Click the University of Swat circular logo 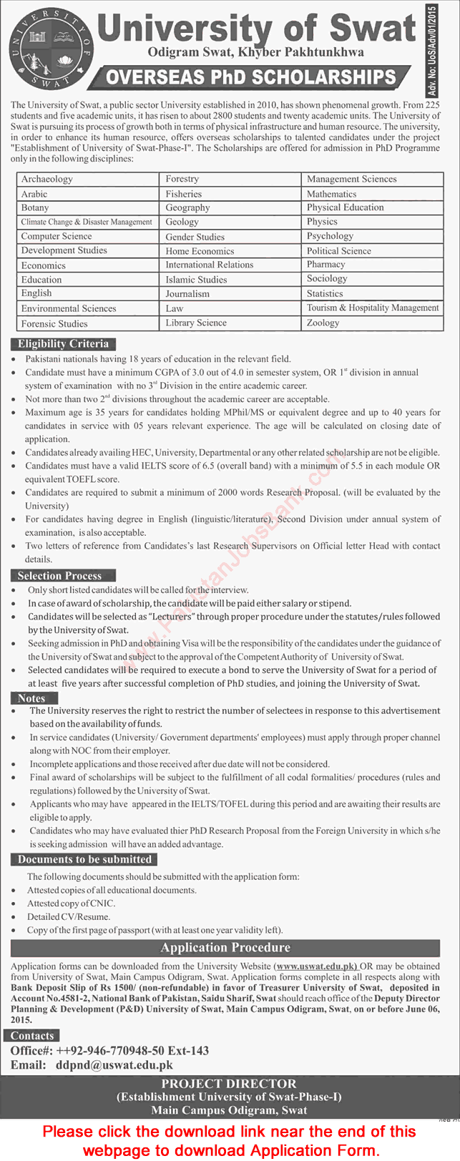coord(49,54)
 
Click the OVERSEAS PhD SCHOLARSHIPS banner coord(252,77)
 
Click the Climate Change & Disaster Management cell coord(87,222)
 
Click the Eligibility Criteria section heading coord(64,343)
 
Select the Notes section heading coord(31,698)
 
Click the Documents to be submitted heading coord(84,859)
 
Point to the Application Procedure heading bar coord(226,948)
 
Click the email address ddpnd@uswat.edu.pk coord(114,1065)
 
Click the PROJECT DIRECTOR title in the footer coord(229,1084)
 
